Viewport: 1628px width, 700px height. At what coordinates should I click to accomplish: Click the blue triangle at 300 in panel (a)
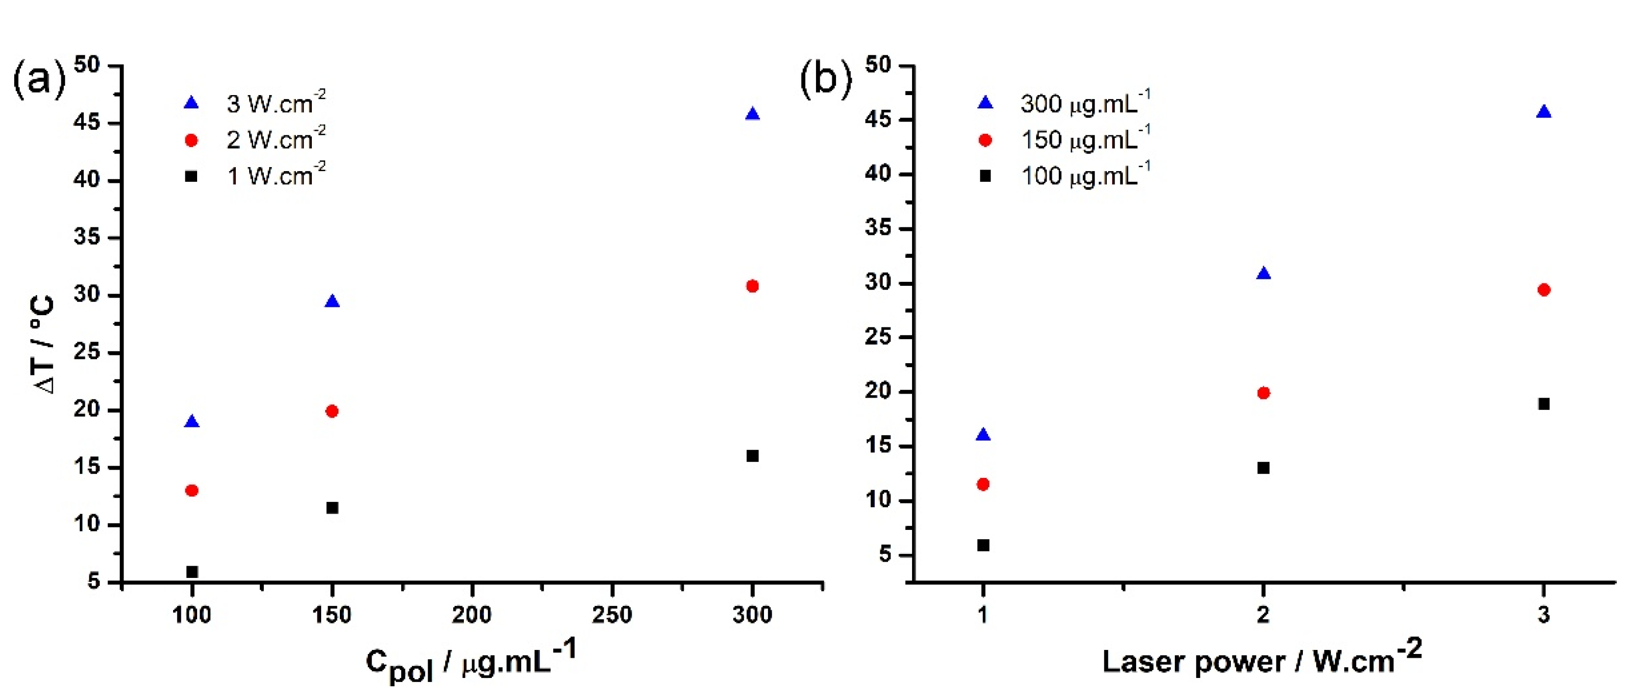tap(752, 114)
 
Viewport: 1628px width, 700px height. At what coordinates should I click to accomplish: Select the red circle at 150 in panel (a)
tap(332, 411)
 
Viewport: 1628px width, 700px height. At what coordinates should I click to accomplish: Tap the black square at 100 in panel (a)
tap(192, 572)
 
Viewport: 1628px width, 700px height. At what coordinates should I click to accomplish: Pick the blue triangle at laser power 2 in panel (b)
tap(1263, 274)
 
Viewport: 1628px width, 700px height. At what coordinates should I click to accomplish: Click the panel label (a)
tap(39, 79)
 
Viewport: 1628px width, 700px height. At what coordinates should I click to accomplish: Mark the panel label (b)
tap(825, 79)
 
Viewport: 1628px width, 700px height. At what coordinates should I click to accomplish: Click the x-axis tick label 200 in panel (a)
tap(471, 615)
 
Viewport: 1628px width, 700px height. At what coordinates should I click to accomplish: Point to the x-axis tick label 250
tap(612, 615)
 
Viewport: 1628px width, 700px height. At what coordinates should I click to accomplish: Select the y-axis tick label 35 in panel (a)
tap(87, 238)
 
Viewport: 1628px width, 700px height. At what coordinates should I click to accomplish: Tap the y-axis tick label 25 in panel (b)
tap(878, 337)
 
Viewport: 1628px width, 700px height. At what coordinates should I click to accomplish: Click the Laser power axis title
tap(1261, 660)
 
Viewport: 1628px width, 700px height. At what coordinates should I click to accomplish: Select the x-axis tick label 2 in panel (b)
tap(1263, 615)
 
